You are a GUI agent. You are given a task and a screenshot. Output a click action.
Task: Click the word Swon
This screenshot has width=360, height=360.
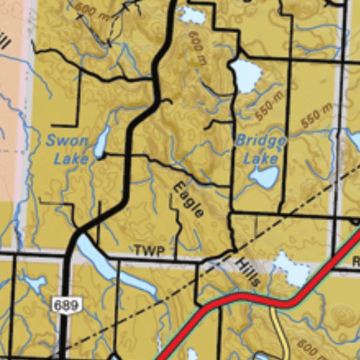click(x=67, y=141)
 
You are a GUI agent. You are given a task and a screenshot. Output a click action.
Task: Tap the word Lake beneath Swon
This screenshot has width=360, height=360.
click(x=71, y=158)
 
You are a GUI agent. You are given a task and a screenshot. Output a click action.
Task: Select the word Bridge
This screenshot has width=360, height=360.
click(x=260, y=141)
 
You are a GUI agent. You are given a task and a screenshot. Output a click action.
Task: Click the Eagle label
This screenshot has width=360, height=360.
click(x=188, y=199)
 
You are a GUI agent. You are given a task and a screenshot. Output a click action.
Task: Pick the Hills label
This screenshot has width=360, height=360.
click(x=247, y=272)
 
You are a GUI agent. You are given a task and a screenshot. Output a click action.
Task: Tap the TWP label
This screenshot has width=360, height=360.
click(x=149, y=251)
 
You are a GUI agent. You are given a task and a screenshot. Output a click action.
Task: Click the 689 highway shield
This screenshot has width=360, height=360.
click(x=66, y=304)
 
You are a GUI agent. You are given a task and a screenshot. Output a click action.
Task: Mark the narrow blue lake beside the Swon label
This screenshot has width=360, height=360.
click(x=101, y=143)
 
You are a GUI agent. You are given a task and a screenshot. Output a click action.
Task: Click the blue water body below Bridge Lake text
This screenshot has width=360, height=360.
click(x=264, y=177)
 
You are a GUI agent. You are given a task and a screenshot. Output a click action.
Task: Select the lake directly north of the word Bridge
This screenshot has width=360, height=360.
click(x=245, y=75)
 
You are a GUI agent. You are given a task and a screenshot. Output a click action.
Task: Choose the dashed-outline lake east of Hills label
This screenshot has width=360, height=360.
click(x=291, y=270)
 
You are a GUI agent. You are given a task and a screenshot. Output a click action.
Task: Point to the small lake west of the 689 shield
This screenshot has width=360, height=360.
click(x=34, y=283)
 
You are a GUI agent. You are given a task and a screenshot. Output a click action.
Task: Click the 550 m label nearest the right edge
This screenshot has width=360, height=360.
click(x=316, y=115)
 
